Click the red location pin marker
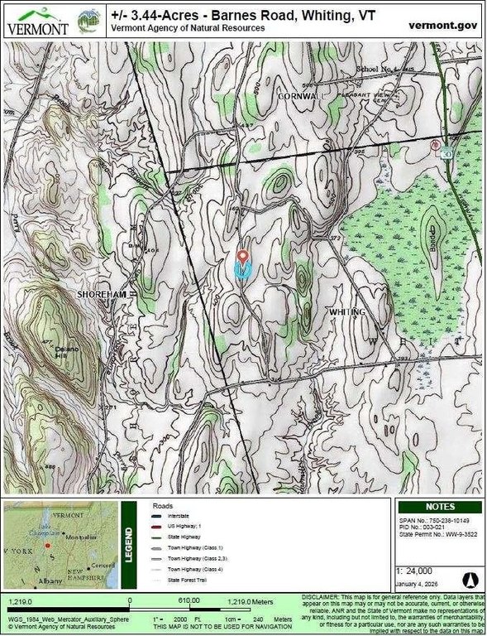(242, 257)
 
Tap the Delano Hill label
(66, 353)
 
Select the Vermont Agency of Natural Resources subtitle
(189, 28)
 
